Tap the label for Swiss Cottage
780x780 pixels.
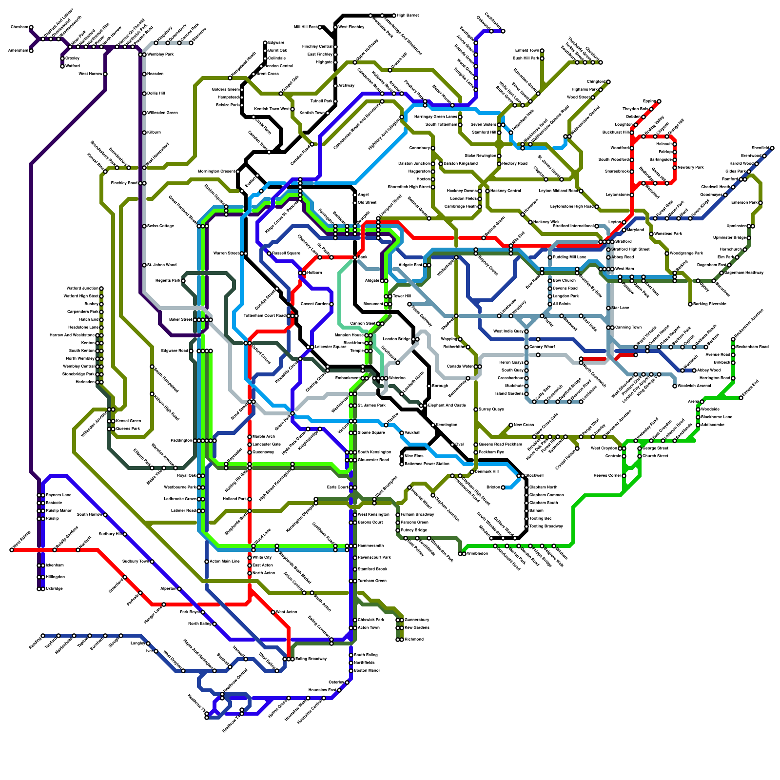pyautogui.click(x=160, y=226)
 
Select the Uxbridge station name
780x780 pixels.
pyautogui.click(x=54, y=588)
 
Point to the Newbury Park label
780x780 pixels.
pyautogui.click(x=691, y=167)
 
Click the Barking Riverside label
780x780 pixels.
pyautogui.click(x=710, y=304)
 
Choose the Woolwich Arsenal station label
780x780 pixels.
pyautogui.click(x=693, y=386)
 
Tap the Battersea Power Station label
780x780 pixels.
pyautogui.click(x=427, y=464)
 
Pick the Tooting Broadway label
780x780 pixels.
pyautogui.click(x=546, y=526)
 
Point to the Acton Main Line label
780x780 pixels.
pyautogui.click(x=224, y=561)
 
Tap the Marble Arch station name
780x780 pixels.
pyautogui.click(x=263, y=436)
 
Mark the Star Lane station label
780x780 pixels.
pyautogui.click(x=620, y=308)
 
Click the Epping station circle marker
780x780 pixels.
pyautogui.click(x=659, y=101)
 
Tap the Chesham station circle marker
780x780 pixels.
pyautogui.click(x=31, y=27)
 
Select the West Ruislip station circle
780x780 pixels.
pyautogui.click(x=12, y=550)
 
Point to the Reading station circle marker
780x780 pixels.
pyautogui.click(x=43, y=636)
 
